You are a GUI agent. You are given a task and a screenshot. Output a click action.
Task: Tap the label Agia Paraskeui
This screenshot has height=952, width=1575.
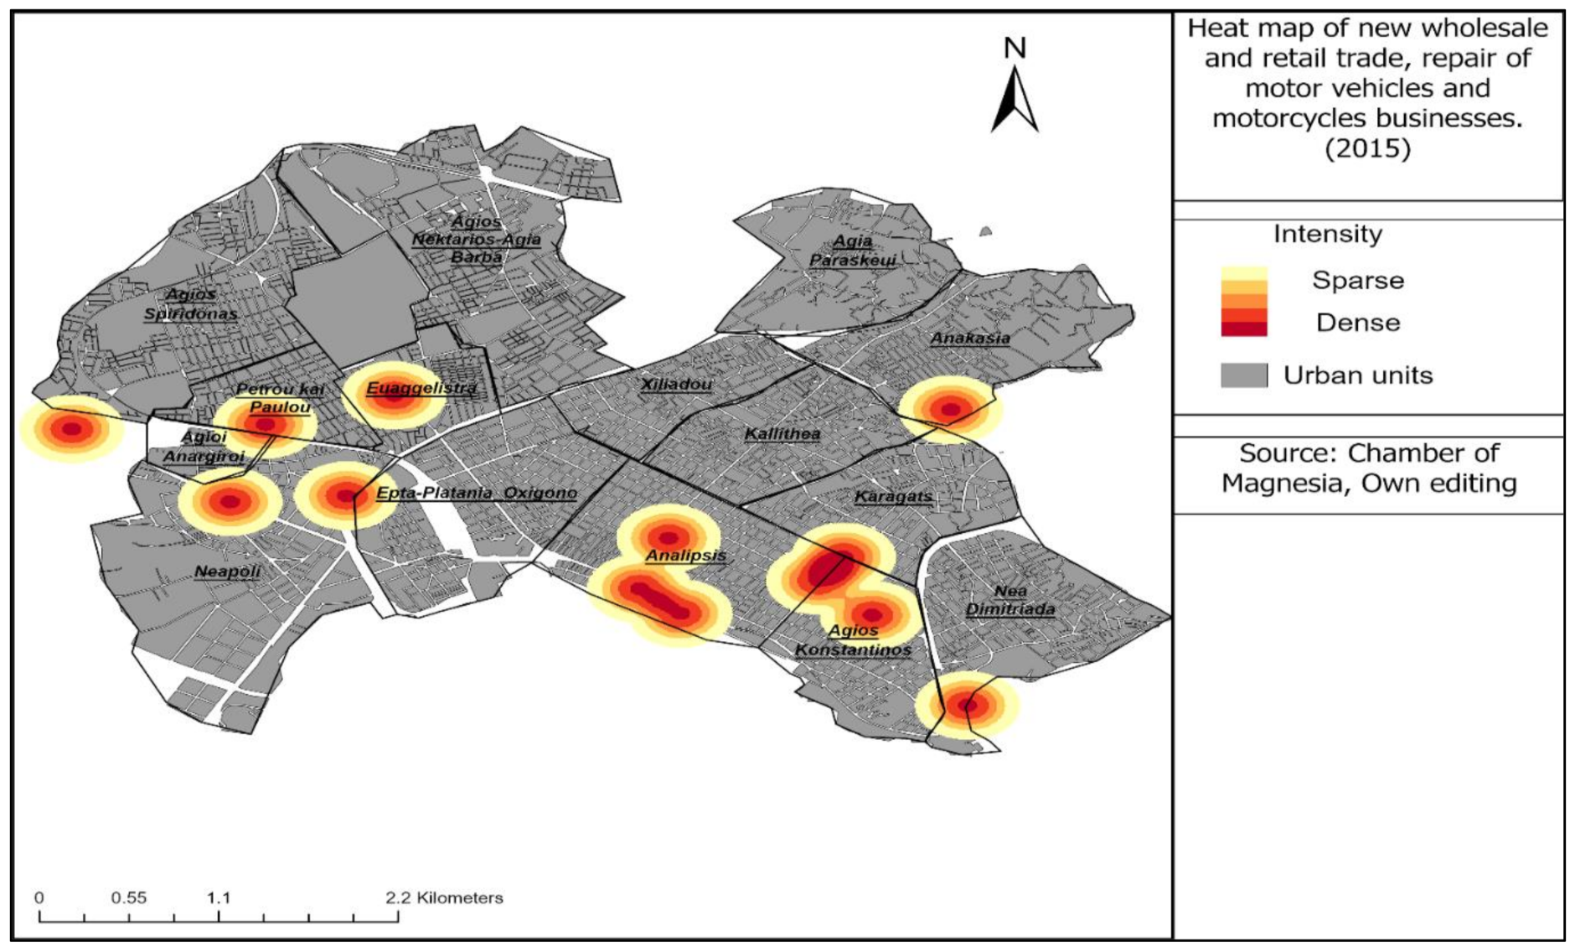(x=852, y=251)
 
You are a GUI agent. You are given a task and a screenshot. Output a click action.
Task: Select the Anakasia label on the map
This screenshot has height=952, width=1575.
(x=970, y=339)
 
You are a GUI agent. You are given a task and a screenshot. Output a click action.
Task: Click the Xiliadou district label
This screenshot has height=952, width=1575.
(x=676, y=385)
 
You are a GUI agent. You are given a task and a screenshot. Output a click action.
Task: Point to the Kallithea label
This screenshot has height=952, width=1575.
(x=782, y=433)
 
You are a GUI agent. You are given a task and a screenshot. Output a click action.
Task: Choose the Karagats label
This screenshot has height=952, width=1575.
(x=893, y=496)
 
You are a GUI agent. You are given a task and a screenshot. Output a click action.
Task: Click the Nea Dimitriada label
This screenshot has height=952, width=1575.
(x=1010, y=600)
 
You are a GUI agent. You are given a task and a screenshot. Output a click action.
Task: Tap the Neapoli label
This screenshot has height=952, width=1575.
(x=227, y=572)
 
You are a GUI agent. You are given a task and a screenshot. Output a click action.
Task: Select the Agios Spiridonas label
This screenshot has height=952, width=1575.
(x=190, y=304)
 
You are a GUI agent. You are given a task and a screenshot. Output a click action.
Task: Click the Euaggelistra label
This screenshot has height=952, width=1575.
(x=421, y=388)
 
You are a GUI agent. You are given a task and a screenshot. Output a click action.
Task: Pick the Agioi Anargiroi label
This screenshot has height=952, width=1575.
(x=204, y=447)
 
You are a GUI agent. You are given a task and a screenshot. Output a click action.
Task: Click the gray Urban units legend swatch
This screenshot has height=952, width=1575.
(x=1243, y=375)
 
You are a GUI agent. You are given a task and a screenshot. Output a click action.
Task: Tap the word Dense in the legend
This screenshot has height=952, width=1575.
(x=1357, y=323)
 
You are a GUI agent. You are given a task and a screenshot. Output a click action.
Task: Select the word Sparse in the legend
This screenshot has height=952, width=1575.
(x=1357, y=280)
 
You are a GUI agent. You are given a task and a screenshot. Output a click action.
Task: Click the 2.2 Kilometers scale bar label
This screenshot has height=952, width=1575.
(x=444, y=898)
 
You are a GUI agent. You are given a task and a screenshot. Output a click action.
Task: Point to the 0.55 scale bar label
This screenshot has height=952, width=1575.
(x=128, y=898)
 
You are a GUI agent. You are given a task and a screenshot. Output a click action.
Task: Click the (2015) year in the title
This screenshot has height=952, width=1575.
(x=1367, y=148)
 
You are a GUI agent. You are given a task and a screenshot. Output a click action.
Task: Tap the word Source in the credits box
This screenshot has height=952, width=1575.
(x=1273, y=453)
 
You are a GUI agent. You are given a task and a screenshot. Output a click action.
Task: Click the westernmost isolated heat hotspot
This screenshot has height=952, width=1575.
(x=72, y=429)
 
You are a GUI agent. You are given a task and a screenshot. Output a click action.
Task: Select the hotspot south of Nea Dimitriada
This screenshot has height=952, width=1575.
(x=968, y=705)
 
